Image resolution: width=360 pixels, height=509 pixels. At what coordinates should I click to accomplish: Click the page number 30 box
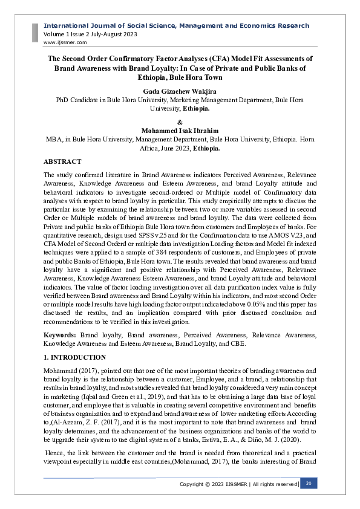tap(309, 484)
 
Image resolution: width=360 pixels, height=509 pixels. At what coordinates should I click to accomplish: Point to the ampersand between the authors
tap(180, 121)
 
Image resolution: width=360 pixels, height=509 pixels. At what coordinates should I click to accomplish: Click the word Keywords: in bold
tap(61, 334)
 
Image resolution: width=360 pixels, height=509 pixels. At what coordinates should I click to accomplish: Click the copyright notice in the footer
tap(238, 484)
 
